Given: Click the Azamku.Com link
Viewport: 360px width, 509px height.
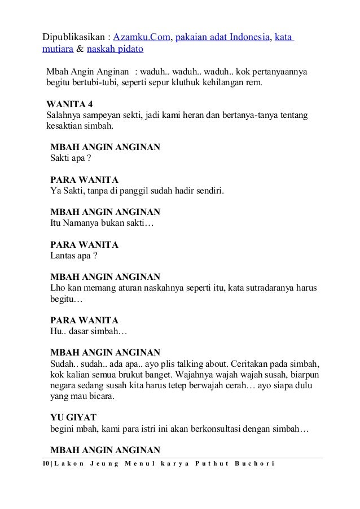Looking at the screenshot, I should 142,38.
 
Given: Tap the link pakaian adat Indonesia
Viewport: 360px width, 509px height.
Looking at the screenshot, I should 223,38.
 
